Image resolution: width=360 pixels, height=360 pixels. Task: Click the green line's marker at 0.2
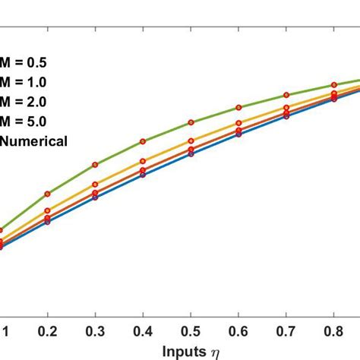(x=47, y=194)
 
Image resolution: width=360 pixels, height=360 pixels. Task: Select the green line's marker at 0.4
(x=143, y=141)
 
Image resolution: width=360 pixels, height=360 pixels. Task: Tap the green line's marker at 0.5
(x=191, y=122)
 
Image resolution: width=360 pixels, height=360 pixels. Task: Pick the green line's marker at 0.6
(x=238, y=107)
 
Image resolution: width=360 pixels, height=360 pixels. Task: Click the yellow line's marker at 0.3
(x=95, y=185)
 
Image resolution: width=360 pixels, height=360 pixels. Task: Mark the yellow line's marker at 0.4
(x=143, y=161)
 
